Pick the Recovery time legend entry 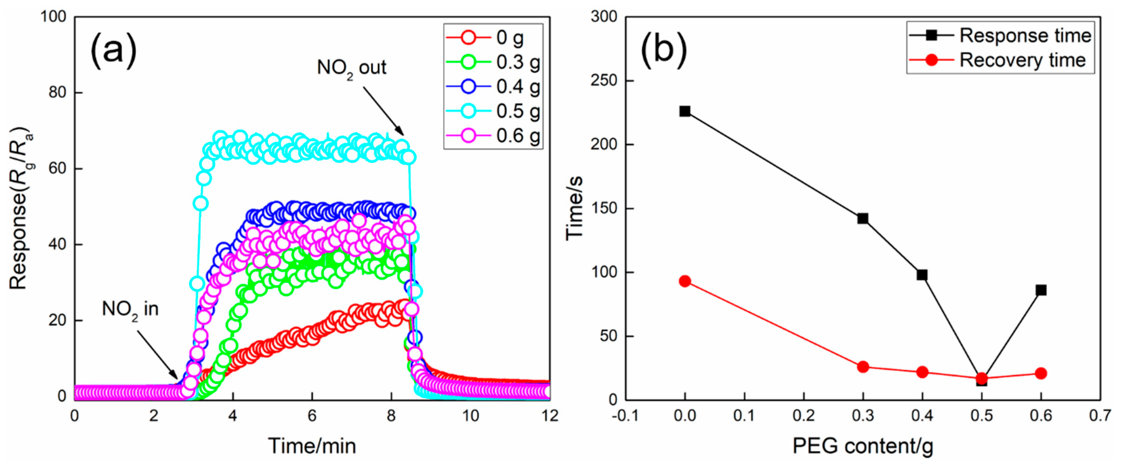point(997,60)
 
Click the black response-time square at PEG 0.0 point(685,111)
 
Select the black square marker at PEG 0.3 point(862,218)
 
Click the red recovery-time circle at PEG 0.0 point(685,281)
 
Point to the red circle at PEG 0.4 point(922,372)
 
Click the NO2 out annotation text point(352,68)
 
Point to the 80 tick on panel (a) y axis point(57,93)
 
